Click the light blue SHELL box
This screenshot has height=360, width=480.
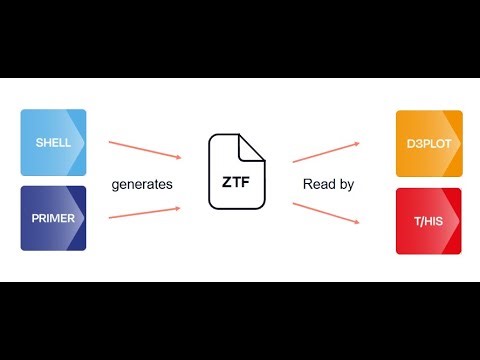pyautogui.click(x=53, y=142)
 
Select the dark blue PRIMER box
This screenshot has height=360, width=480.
pyautogui.click(x=53, y=217)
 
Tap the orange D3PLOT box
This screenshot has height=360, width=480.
pyautogui.click(x=428, y=142)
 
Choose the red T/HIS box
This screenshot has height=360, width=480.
pyautogui.click(x=428, y=220)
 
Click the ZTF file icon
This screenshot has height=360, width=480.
pyautogui.click(x=237, y=172)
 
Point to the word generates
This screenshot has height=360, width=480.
pyautogui.click(x=143, y=185)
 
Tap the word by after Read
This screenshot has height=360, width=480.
pyautogui.click(x=345, y=185)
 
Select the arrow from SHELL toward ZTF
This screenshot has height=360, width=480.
pyautogui.click(x=145, y=148)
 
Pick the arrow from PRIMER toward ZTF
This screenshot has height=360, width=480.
pyautogui.click(x=145, y=214)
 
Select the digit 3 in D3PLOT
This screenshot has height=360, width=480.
pyautogui.click(x=415, y=143)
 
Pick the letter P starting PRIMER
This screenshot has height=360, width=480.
pyautogui.click(x=34, y=217)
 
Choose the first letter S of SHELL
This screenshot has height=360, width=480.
pyautogui.click(x=37, y=143)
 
